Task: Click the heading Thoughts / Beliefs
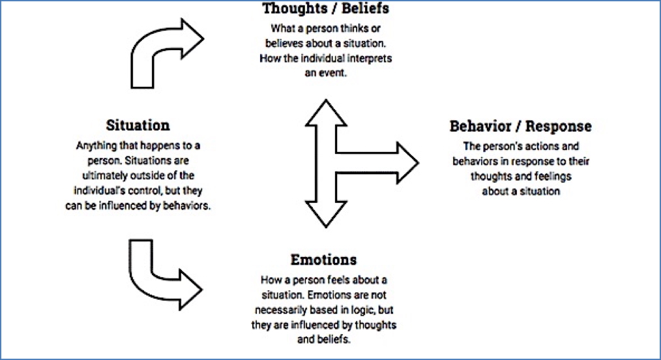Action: pos(326,9)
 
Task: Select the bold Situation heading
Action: pos(138,125)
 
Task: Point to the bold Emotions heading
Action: pos(324,260)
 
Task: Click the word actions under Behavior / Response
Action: pos(543,146)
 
